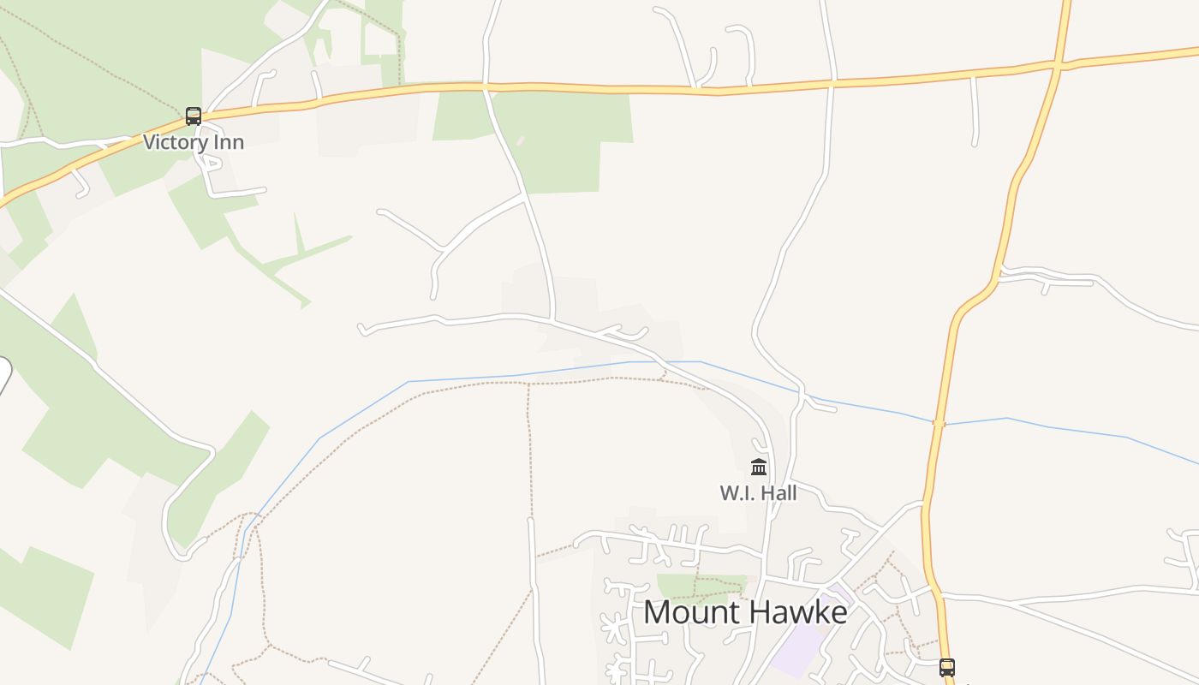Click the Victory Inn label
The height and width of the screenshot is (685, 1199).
[194, 142]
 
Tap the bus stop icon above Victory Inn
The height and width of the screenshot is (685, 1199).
[194, 116]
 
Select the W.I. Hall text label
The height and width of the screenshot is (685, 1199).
[758, 493]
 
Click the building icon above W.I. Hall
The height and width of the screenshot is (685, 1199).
[759, 467]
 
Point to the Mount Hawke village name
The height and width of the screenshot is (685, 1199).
[745, 612]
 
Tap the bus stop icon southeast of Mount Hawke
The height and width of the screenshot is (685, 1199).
[946, 667]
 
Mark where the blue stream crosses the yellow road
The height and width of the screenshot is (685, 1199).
[940, 422]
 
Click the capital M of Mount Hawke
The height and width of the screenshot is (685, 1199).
[657, 612]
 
